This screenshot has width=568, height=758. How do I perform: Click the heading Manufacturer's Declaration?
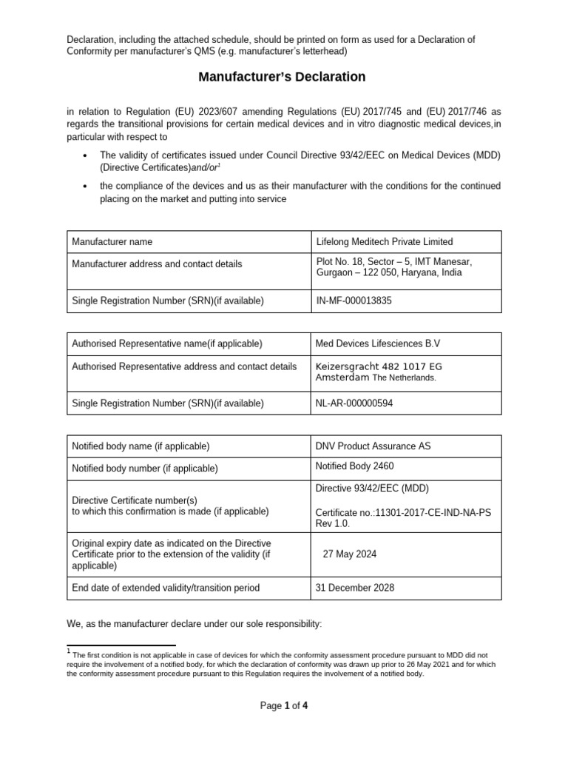coord(281,76)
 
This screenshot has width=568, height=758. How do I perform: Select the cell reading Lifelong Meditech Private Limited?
coord(384,241)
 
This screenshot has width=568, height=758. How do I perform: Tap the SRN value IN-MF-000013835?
coord(354,301)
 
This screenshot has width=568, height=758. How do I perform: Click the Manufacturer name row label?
coord(112,241)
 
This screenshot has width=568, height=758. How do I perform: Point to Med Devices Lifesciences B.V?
coord(377,343)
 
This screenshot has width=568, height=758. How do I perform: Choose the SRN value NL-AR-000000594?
coord(356,403)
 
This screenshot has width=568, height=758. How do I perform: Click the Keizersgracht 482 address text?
coord(379,366)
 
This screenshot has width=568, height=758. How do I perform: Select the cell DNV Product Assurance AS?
coord(373,446)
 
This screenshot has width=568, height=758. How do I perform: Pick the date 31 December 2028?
coord(355,588)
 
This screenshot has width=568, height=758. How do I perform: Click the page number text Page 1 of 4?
coord(284,705)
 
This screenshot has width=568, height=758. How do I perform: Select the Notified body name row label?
coord(141,446)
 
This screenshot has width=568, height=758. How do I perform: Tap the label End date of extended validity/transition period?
coord(166,588)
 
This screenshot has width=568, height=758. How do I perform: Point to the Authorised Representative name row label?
coord(166,343)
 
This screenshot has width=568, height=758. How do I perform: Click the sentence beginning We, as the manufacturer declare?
coord(195,624)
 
